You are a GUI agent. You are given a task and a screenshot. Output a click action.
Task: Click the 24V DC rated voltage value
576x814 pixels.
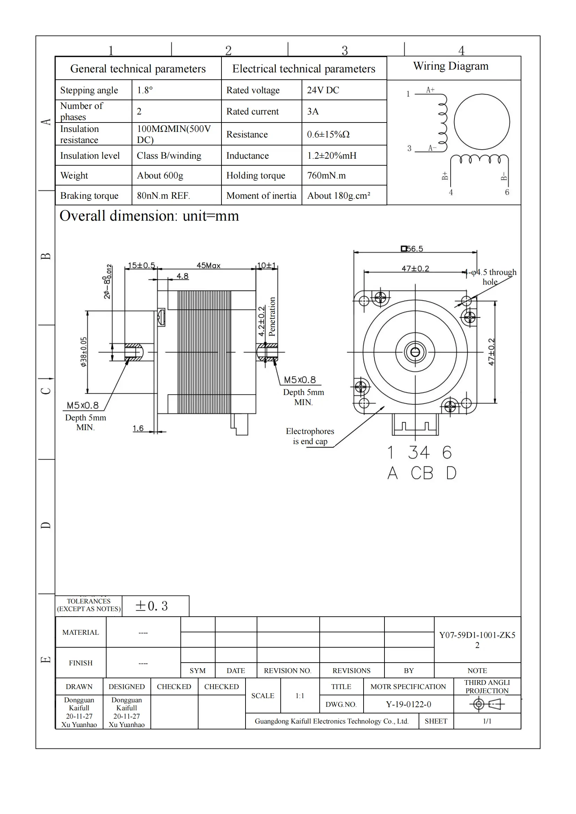coord(323,90)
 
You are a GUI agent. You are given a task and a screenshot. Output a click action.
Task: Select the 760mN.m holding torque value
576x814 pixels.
coord(326,175)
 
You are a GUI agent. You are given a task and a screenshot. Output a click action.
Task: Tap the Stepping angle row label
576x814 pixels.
coord(89,90)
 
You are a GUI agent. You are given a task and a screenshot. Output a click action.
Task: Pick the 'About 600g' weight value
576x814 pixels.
coord(160,175)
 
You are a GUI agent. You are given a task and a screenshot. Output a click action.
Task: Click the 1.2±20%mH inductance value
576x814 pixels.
coord(332,156)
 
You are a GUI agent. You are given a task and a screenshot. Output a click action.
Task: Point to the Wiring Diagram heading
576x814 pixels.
coord(450,66)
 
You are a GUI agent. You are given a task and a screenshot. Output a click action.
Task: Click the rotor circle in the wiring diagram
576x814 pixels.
coord(482,121)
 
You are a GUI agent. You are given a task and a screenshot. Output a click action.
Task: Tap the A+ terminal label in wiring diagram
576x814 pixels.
coord(430,90)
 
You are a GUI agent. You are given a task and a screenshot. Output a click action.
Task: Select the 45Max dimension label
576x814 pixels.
coord(209,266)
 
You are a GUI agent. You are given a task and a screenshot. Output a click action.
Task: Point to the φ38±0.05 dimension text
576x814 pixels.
coord(83,352)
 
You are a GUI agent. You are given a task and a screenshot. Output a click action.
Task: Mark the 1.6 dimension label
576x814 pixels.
coord(138,428)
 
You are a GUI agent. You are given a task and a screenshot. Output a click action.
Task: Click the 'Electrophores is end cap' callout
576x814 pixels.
coord(310,436)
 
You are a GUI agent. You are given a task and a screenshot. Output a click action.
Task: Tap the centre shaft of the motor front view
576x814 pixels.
coord(415,352)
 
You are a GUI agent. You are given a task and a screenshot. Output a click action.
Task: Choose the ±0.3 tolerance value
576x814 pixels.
coord(151,606)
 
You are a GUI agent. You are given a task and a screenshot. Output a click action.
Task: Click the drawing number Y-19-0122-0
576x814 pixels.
coord(408,704)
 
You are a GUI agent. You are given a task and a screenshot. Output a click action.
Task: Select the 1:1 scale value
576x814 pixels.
coord(300,696)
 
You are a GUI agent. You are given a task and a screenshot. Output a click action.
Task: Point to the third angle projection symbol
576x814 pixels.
coord(487,704)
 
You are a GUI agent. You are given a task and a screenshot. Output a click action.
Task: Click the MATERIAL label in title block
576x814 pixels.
coord(80,632)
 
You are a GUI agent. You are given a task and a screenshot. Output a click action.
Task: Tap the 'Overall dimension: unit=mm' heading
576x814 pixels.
coord(149,216)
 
